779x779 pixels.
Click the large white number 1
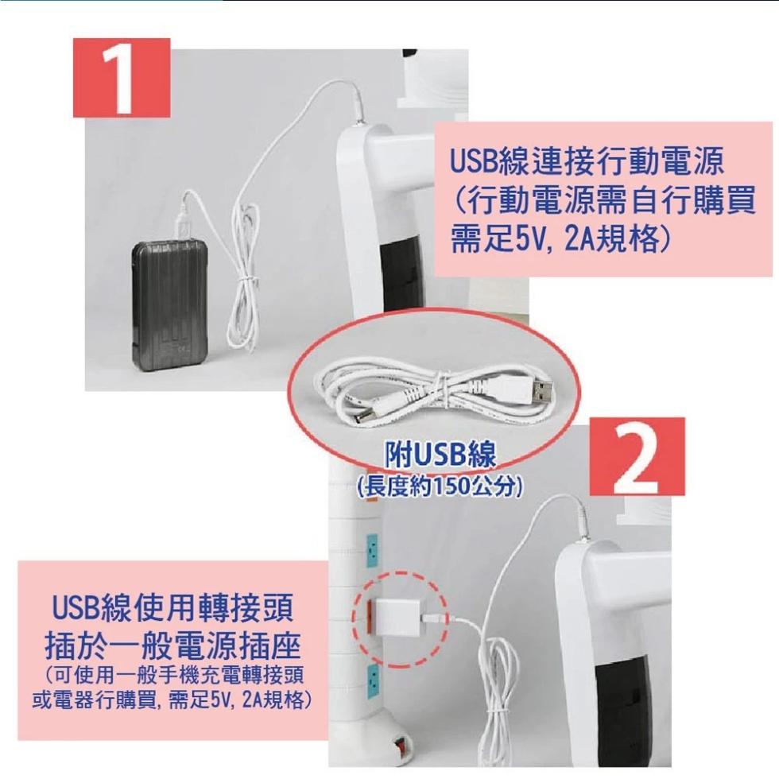point(120,78)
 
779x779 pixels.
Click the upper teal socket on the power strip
point(371,549)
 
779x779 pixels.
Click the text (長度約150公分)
point(439,486)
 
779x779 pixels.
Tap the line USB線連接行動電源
point(587,161)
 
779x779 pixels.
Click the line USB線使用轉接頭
point(172,607)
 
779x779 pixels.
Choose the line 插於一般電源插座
point(172,645)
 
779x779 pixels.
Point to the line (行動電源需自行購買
point(603,200)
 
